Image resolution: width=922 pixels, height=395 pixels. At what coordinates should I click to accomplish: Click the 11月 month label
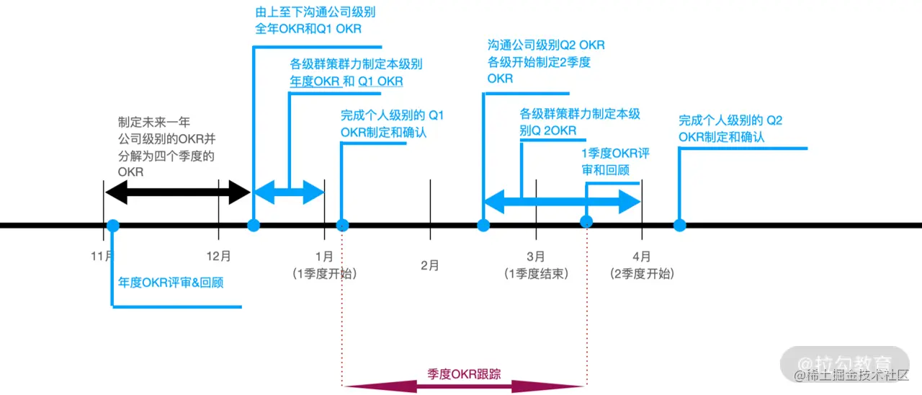coord(102,256)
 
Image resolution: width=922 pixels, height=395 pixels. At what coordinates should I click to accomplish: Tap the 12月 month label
coord(218,256)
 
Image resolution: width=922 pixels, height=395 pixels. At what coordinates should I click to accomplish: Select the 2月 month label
coord(430,265)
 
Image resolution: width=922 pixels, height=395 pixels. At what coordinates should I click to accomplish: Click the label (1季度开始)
coord(324,274)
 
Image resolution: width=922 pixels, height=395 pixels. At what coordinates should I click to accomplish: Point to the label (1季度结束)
coord(536,274)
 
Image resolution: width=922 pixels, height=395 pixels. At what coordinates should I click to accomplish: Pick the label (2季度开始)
coord(642,274)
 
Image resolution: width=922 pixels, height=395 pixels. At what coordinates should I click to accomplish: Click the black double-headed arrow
coord(177,192)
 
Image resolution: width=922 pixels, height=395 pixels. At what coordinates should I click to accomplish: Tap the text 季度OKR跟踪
coord(464,373)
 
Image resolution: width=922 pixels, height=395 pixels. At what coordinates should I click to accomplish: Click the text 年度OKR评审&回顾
coord(171,283)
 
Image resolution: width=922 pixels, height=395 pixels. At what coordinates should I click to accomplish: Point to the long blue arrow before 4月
coord(562,202)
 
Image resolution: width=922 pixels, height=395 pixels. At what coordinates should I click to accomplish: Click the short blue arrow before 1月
coord(289,192)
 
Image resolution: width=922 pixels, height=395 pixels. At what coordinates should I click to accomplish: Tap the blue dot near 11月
coord(113,225)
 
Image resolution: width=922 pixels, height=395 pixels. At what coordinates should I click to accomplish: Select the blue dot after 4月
coord(679,225)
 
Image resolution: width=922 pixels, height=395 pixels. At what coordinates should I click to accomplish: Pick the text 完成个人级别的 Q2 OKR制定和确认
coord(730,128)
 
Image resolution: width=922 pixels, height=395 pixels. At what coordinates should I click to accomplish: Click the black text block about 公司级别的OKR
coord(166,147)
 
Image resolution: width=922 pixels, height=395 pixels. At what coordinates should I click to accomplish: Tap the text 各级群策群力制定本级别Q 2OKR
coord(580,122)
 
